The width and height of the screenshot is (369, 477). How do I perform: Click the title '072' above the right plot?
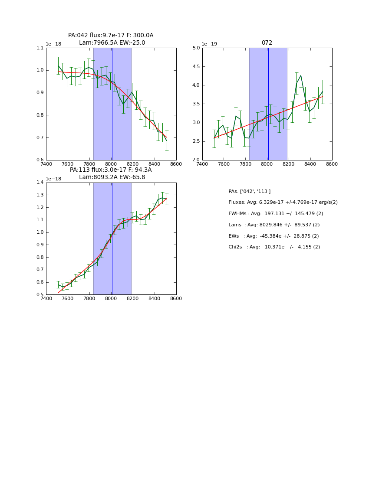pos(267,43)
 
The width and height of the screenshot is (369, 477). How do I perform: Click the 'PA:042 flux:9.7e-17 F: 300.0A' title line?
pos(111,36)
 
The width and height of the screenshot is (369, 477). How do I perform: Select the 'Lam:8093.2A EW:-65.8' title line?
pos(112,177)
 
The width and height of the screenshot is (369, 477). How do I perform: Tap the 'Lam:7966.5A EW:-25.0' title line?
pos(112,43)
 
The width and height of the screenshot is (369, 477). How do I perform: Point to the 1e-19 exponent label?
pos(210,44)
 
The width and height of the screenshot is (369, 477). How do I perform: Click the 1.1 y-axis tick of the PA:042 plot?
pos(40,48)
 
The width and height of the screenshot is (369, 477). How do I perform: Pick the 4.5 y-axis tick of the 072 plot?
pos(196,67)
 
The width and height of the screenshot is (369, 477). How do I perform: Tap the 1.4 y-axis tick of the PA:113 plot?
pos(40,183)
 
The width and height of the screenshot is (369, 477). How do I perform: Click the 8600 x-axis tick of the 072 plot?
pos(332,164)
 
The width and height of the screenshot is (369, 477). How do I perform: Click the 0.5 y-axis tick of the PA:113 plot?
pos(40,295)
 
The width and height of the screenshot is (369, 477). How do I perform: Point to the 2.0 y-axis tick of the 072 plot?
pos(196,160)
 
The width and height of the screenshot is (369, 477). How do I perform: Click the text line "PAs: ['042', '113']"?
pos(250,191)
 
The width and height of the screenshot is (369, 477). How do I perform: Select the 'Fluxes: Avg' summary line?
pos(283,203)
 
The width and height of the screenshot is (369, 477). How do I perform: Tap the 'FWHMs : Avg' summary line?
pos(276,214)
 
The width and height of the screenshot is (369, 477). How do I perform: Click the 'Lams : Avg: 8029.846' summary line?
pos(274,225)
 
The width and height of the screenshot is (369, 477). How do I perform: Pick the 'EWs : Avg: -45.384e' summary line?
pos(273,236)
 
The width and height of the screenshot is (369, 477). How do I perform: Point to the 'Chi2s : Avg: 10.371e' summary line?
pos(274,247)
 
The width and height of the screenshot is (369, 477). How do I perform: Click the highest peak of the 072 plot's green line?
pos(301,75)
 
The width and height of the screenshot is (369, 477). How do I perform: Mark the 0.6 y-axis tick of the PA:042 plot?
pos(40,160)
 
